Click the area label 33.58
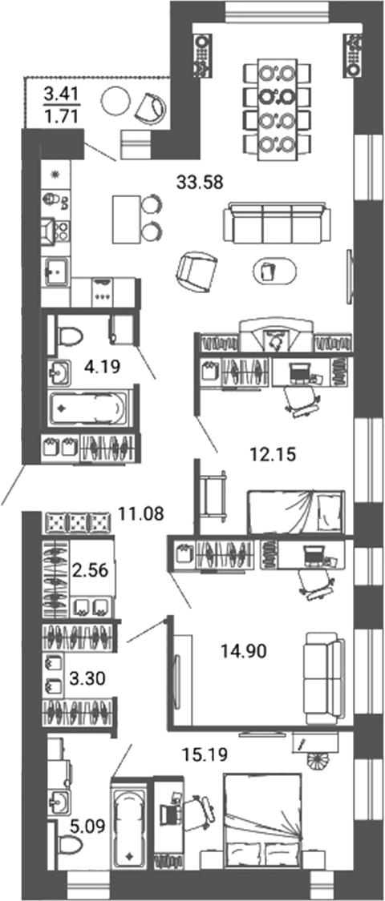[x=200, y=183]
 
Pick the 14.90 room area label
[x=243, y=650]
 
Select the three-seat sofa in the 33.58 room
[x=276, y=222]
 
